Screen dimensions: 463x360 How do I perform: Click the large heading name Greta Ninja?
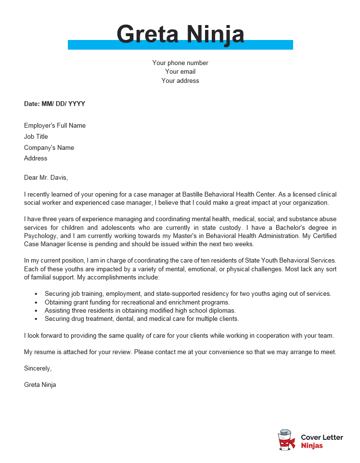coord(180,34)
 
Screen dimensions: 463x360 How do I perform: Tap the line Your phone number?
coord(180,63)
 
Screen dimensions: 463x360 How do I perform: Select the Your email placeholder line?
coord(180,72)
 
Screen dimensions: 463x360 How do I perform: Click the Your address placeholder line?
coord(180,81)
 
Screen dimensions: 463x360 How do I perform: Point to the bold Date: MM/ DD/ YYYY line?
coord(54,104)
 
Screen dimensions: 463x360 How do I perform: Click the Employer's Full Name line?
coord(55,126)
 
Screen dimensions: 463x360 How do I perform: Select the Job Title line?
coord(36,137)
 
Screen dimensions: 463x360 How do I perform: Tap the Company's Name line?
coord(49,148)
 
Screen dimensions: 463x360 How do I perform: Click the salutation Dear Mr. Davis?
coord(46,177)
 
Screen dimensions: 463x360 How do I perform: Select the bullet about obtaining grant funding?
coord(137,302)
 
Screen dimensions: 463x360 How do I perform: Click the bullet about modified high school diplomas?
coord(140,310)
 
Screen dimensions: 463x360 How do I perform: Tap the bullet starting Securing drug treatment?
coord(141,318)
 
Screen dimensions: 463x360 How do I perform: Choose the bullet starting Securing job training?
coord(188,293)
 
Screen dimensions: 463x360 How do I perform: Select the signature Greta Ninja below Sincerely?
coord(40,384)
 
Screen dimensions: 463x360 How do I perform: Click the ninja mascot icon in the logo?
coord(287,440)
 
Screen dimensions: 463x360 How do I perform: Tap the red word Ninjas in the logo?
coord(312,446)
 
